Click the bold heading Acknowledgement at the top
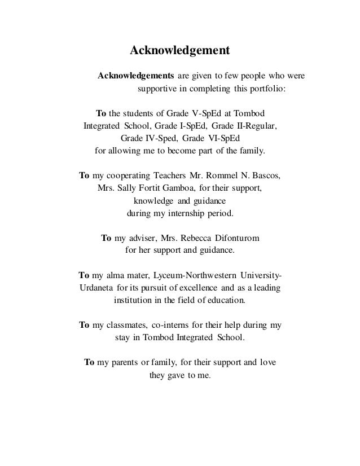tap(180, 51)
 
